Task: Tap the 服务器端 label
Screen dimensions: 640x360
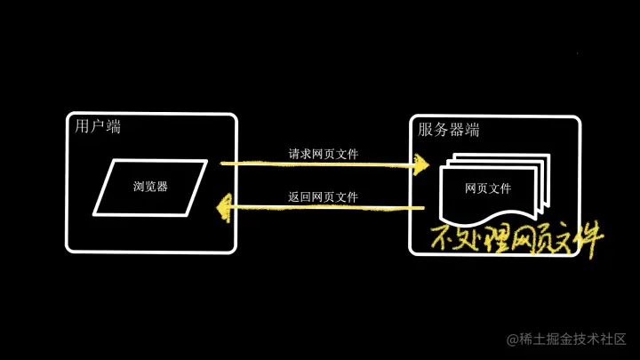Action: point(449,130)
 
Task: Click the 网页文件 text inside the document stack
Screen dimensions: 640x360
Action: point(488,188)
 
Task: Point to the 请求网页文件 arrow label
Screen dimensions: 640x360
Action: point(324,154)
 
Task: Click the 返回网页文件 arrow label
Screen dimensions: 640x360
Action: point(324,196)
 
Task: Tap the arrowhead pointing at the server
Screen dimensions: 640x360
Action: point(420,164)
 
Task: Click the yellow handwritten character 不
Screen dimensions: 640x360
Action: point(442,239)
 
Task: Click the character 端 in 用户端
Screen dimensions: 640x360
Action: point(113,127)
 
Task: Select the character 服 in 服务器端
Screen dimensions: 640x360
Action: point(426,130)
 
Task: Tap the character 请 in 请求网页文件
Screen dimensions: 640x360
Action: point(294,154)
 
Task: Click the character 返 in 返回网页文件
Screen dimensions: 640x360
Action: point(294,196)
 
